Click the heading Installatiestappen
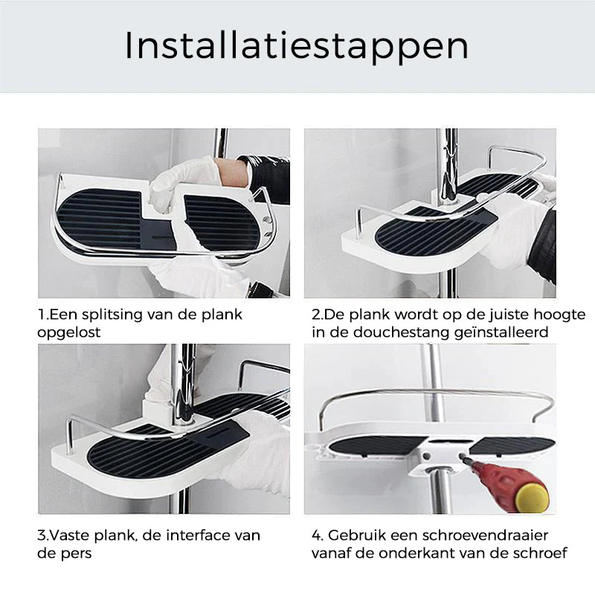(x=296, y=47)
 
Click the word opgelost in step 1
(x=68, y=332)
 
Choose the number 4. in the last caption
(x=318, y=535)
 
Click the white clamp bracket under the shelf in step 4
(x=437, y=457)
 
